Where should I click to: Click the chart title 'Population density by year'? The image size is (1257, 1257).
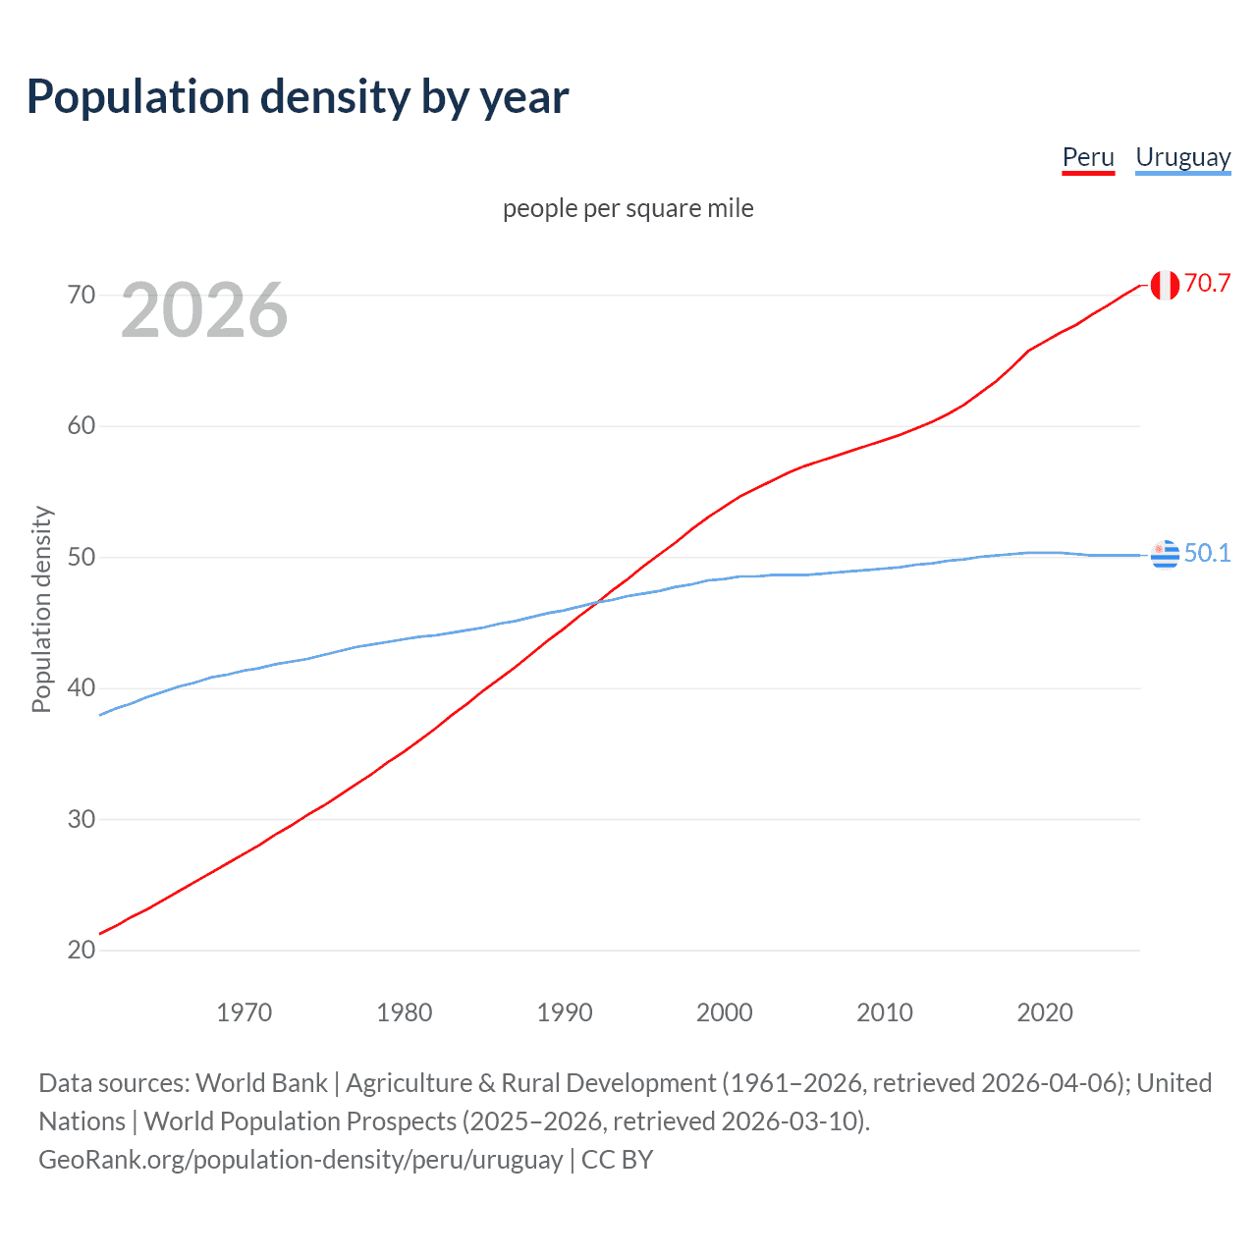click(x=298, y=97)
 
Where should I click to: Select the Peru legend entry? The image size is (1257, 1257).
click(x=1088, y=157)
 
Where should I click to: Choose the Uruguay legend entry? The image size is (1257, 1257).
click(x=1182, y=157)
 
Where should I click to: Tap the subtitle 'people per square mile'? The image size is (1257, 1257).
click(x=628, y=208)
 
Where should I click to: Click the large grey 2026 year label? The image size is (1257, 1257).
click(x=204, y=310)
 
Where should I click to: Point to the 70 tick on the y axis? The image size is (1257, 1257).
click(x=82, y=295)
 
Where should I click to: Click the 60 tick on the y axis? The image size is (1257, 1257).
click(x=82, y=426)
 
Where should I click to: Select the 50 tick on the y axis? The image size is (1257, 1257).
click(x=82, y=557)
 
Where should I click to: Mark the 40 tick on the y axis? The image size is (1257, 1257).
click(x=82, y=688)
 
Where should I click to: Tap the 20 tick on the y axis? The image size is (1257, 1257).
click(x=82, y=950)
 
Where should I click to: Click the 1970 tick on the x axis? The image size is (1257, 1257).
click(x=245, y=1012)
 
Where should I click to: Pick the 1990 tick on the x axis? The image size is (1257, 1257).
click(x=565, y=1012)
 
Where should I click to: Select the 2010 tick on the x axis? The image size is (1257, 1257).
click(x=885, y=1012)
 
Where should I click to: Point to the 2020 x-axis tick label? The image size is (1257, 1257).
click(x=1045, y=1012)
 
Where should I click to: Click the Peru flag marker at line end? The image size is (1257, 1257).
click(x=1165, y=285)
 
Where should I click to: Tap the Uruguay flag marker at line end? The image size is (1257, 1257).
click(x=1165, y=555)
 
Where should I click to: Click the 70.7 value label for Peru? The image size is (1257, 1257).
click(x=1207, y=284)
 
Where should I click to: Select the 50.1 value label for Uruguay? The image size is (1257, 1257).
click(x=1207, y=554)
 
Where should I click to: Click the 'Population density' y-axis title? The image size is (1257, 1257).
click(x=41, y=609)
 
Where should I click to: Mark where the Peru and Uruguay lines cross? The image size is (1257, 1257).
click(x=597, y=602)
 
